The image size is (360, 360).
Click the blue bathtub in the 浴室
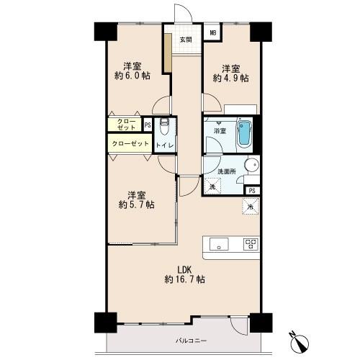(244, 132)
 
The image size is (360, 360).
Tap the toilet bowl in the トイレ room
(164, 126)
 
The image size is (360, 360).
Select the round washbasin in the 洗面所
(251, 165)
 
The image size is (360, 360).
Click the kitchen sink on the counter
(219, 244)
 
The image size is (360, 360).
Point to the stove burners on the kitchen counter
(251, 244)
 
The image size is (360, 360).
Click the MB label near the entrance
(213, 32)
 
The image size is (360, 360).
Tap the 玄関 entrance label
(186, 40)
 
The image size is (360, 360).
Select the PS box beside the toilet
(148, 125)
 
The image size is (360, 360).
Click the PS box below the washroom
(252, 191)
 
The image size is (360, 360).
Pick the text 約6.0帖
(132, 76)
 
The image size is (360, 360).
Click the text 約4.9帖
(230, 78)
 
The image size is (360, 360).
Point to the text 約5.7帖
(136, 205)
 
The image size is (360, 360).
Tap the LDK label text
(184, 270)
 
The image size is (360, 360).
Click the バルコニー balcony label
(191, 341)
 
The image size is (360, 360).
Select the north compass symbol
(299, 342)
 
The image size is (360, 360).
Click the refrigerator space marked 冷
(251, 206)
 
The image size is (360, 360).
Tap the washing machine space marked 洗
(212, 186)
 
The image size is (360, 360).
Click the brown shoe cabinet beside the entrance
(168, 53)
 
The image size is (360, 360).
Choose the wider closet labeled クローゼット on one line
(130, 143)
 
